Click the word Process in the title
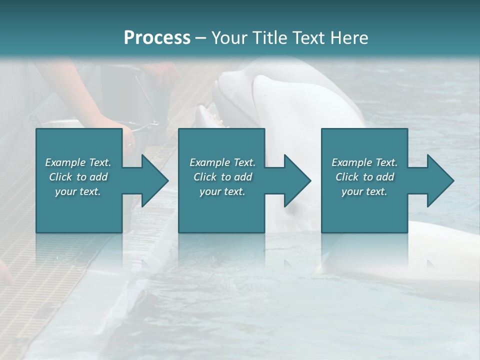point(157,37)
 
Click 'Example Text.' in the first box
point(78,162)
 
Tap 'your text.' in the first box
point(78,191)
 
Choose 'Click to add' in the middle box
point(222,177)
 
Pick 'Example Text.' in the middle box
point(222,162)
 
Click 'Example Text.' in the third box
point(364,162)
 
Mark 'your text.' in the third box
point(364,191)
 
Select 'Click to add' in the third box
point(364,177)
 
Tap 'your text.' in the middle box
point(222,191)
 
